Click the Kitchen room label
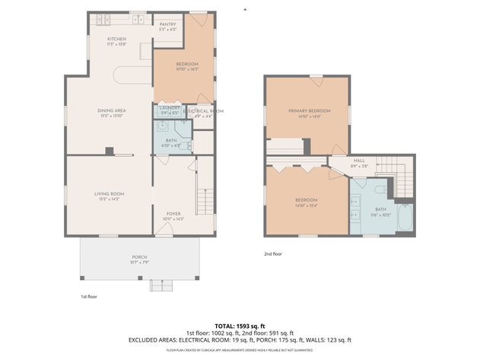click(x=116, y=39)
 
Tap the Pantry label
click(x=167, y=24)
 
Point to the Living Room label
click(x=109, y=194)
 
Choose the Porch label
click(x=139, y=257)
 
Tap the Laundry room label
click(x=169, y=107)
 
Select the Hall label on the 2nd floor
click(x=358, y=161)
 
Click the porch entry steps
click(x=161, y=285)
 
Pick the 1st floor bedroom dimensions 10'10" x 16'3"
click(x=187, y=69)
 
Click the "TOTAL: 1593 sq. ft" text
click(x=240, y=326)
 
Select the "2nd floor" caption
click(x=273, y=253)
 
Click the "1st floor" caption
click(x=89, y=296)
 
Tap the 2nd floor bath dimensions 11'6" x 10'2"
click(x=381, y=215)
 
